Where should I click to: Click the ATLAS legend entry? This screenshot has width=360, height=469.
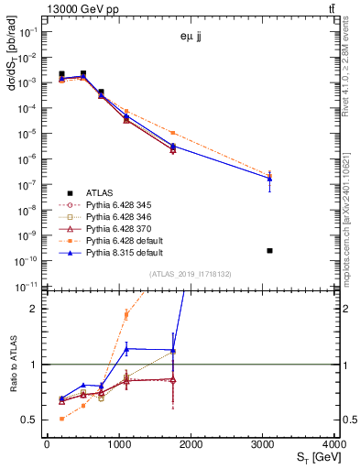(99, 193)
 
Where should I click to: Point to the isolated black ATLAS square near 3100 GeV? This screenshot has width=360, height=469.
(269, 250)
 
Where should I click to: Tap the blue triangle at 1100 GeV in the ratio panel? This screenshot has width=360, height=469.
(126, 349)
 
